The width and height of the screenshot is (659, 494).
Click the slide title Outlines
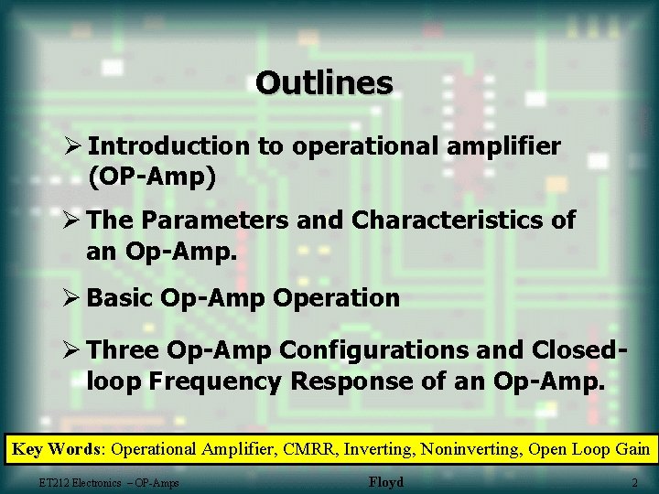(x=325, y=83)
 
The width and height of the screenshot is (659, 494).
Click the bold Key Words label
(x=58, y=449)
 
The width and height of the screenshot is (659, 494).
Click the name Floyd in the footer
(x=385, y=482)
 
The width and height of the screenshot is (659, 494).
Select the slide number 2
(x=634, y=482)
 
